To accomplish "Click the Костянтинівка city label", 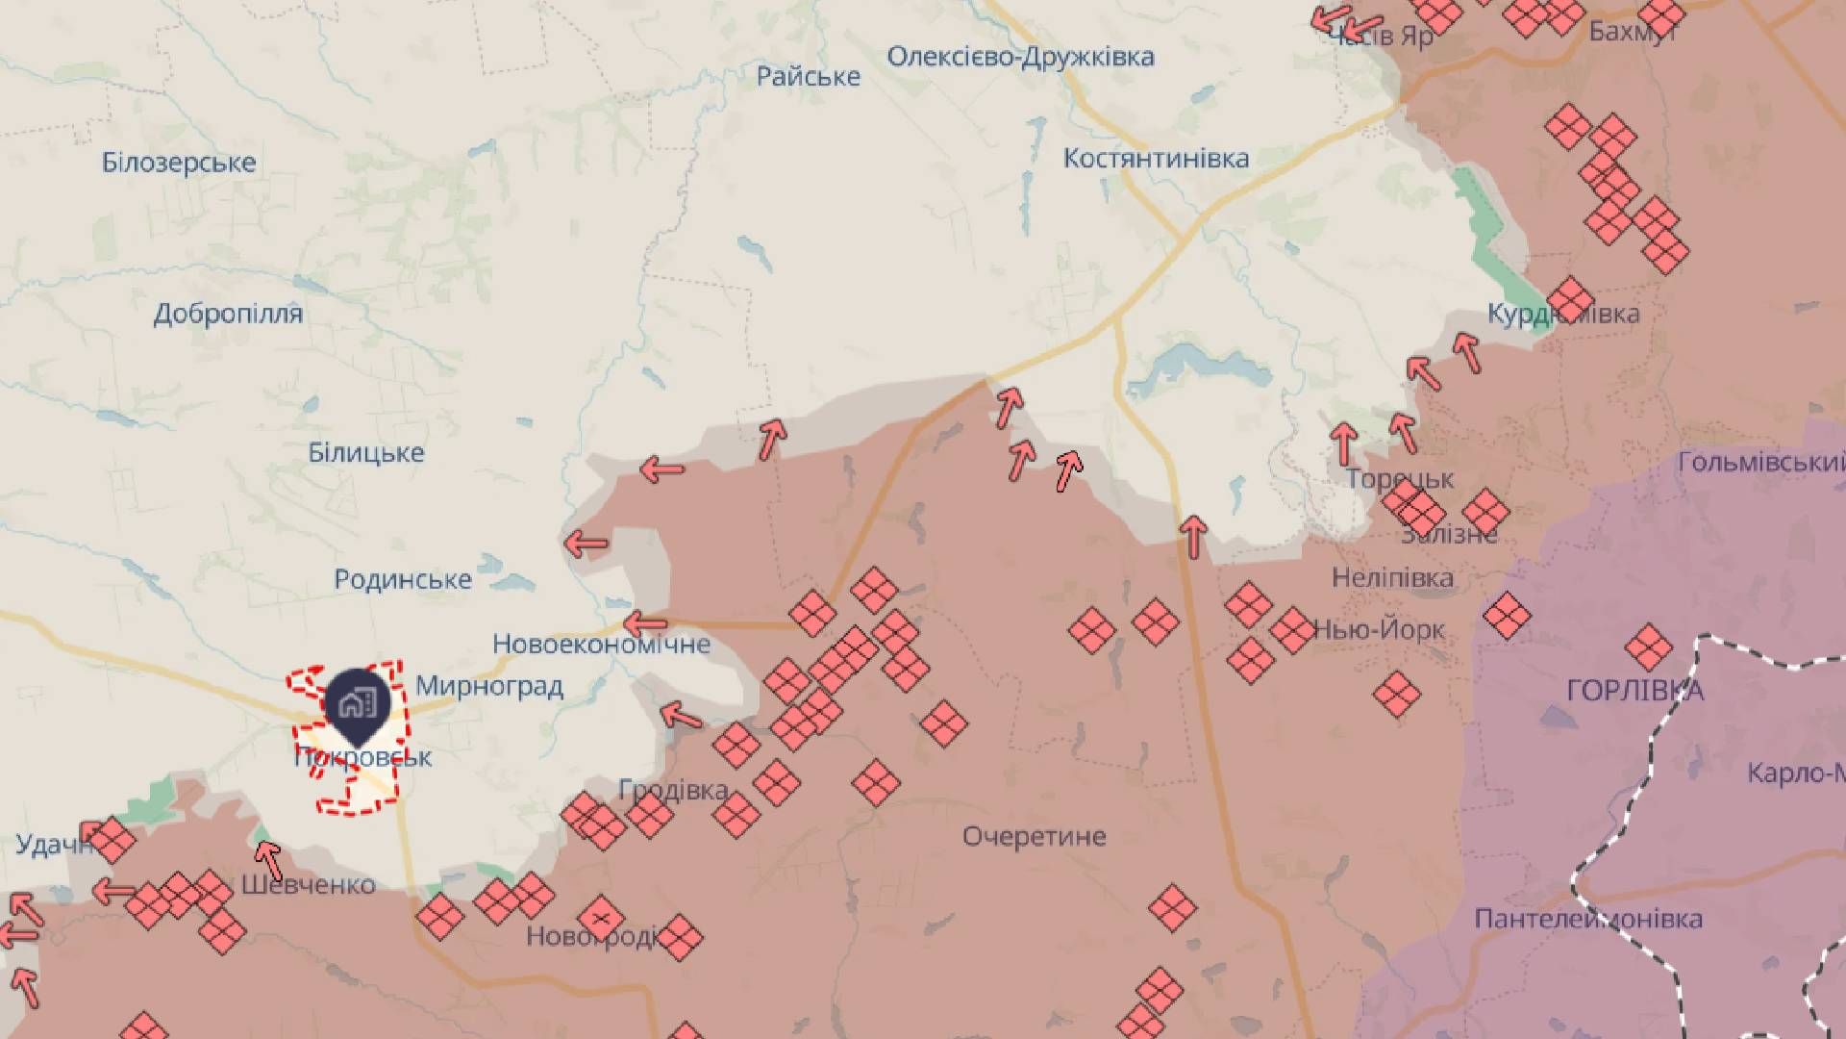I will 1156,159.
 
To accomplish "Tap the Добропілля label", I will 228,314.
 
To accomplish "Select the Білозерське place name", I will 179,163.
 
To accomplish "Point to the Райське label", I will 808,77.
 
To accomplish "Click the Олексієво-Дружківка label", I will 1020,57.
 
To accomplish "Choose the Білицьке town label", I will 365,452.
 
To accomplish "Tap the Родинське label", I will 403,580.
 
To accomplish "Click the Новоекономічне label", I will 601,644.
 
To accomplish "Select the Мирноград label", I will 489,687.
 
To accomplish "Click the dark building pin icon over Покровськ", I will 358,704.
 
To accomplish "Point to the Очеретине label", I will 1034,836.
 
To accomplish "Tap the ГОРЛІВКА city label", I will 1634,691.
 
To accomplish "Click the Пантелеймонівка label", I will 1588,919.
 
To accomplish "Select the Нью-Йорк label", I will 1380,630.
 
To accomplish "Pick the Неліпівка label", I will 1392,578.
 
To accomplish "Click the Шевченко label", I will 308,884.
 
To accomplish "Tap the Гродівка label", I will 673,790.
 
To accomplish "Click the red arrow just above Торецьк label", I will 1344,443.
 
